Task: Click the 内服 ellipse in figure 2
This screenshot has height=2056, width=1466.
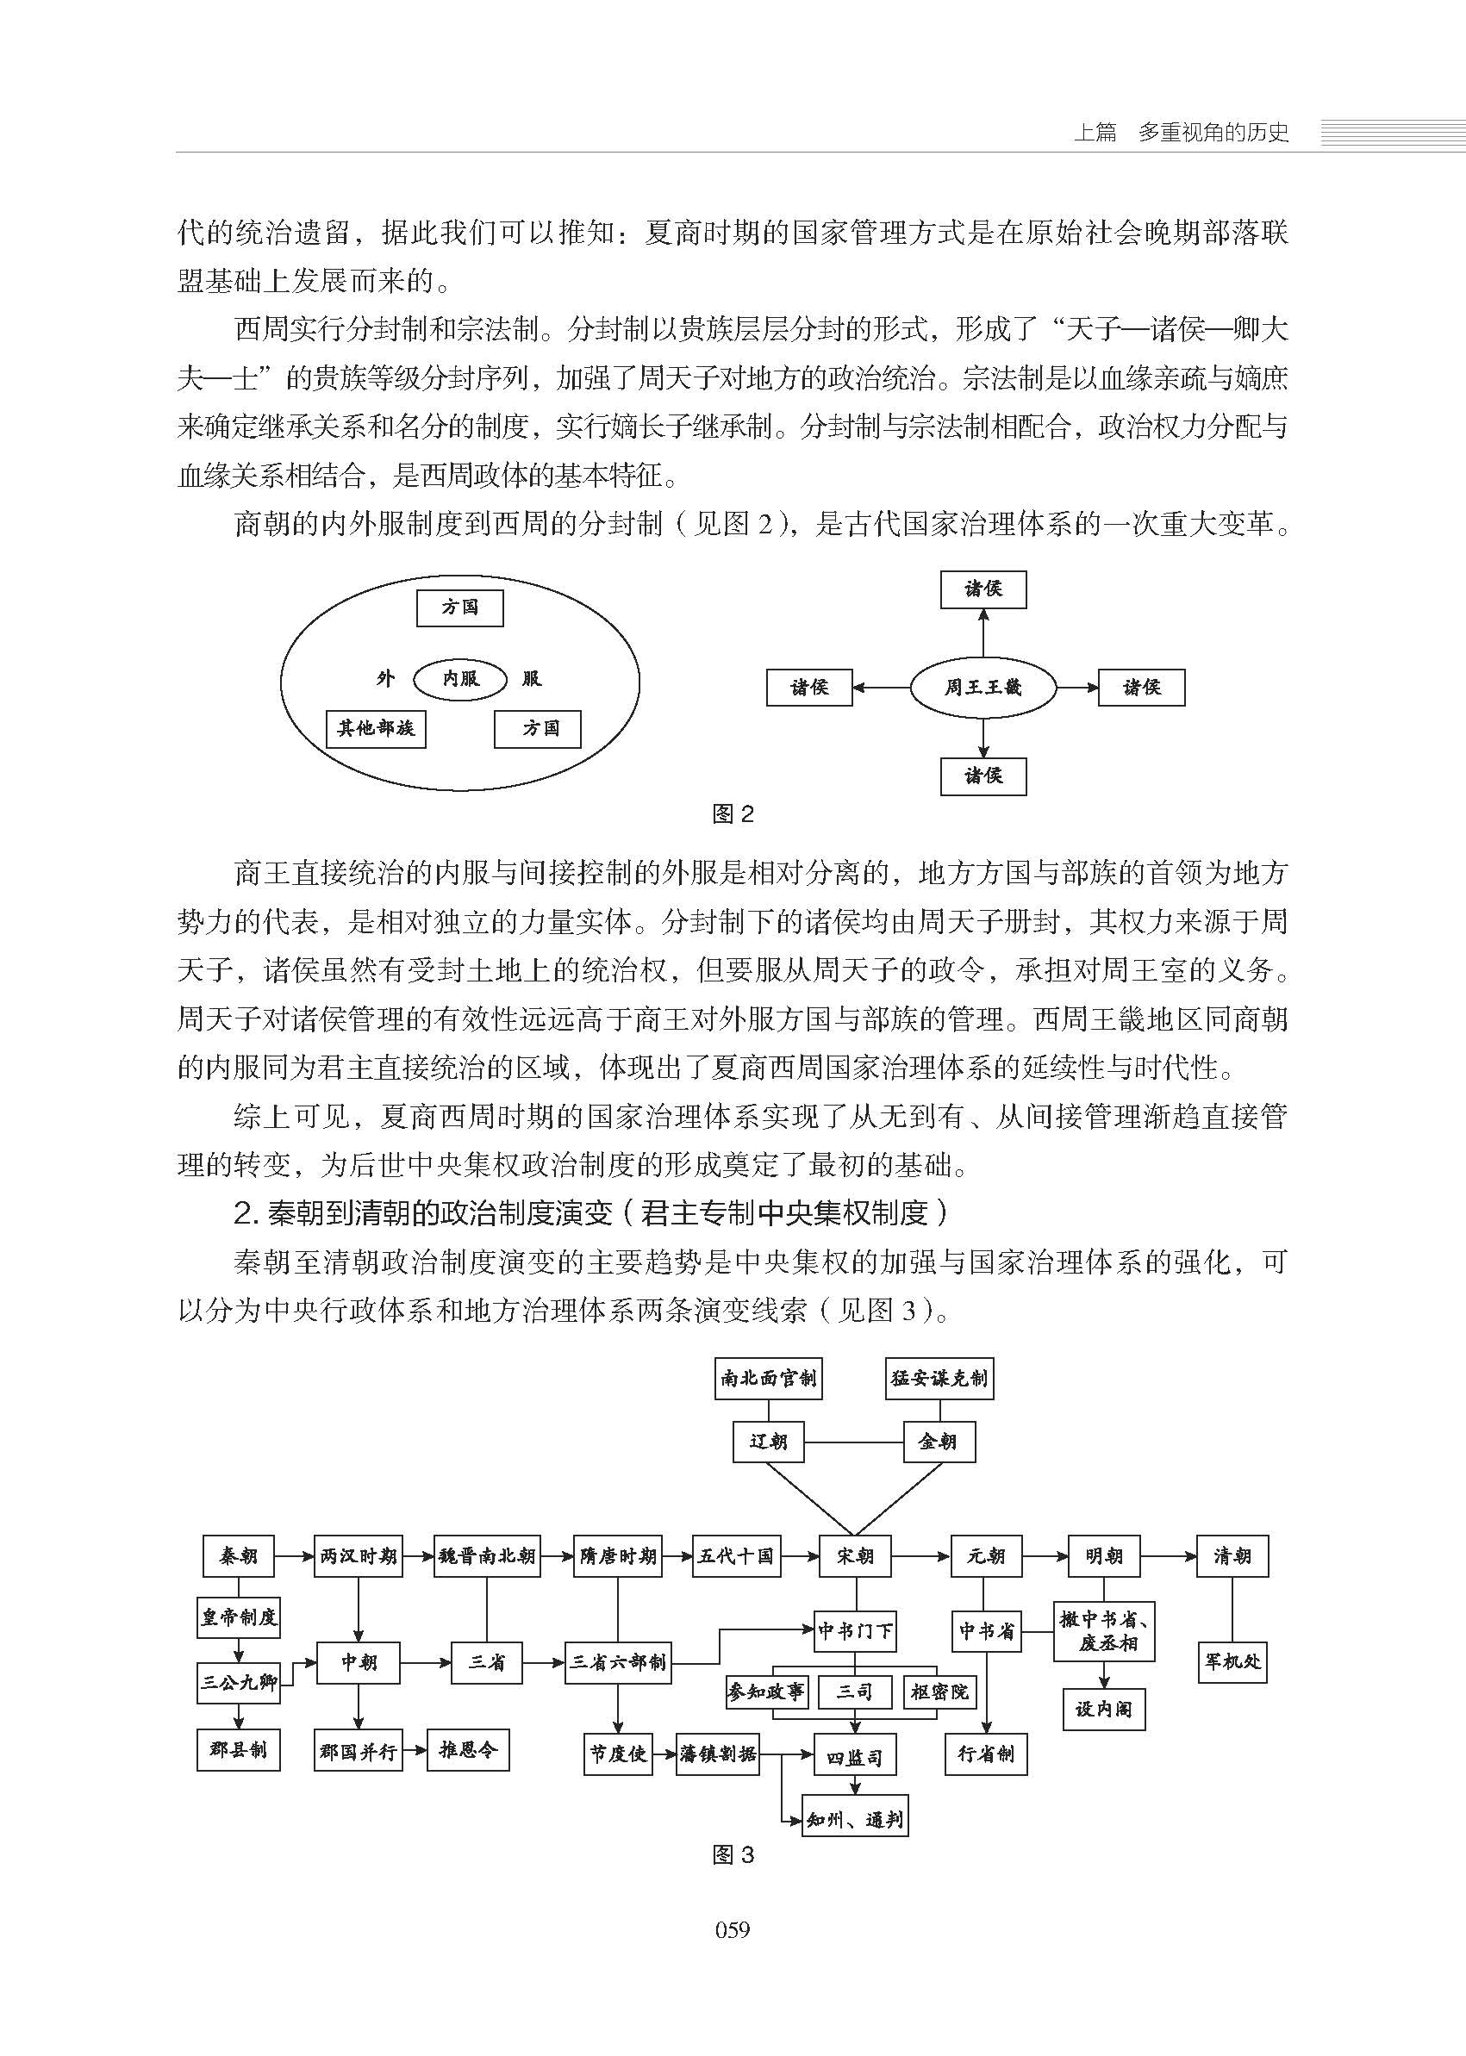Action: pyautogui.click(x=459, y=679)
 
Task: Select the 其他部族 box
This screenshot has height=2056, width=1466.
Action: pyautogui.click(x=376, y=728)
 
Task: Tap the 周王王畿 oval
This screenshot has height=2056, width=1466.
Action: pyautogui.click(x=983, y=688)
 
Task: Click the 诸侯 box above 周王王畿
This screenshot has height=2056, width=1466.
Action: pyautogui.click(x=983, y=589)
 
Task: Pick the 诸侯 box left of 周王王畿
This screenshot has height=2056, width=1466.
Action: pyautogui.click(x=808, y=688)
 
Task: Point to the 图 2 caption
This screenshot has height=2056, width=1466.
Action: pyautogui.click(x=732, y=814)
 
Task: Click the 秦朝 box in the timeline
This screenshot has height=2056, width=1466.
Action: pyautogui.click(x=239, y=1556)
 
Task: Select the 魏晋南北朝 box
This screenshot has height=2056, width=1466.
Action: pyautogui.click(x=487, y=1556)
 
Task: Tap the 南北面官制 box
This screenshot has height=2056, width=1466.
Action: pyautogui.click(x=768, y=1378)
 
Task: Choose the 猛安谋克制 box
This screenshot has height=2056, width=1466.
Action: pyautogui.click(x=939, y=1378)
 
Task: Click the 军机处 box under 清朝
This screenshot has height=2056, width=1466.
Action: pyautogui.click(x=1232, y=1660)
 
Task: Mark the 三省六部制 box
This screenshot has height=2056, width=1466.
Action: pyautogui.click(x=618, y=1661)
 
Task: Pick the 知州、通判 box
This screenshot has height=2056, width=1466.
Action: pyautogui.click(x=855, y=1820)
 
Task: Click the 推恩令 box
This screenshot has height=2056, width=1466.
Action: pyautogui.click(x=468, y=1750)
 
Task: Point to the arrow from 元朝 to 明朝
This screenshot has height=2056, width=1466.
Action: pyautogui.click(x=1045, y=1556)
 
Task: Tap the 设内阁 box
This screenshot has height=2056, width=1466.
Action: pyautogui.click(x=1103, y=1710)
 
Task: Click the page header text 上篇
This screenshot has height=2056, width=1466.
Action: pyautogui.click(x=1094, y=133)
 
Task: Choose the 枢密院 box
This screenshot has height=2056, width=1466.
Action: pyautogui.click(x=939, y=1692)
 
